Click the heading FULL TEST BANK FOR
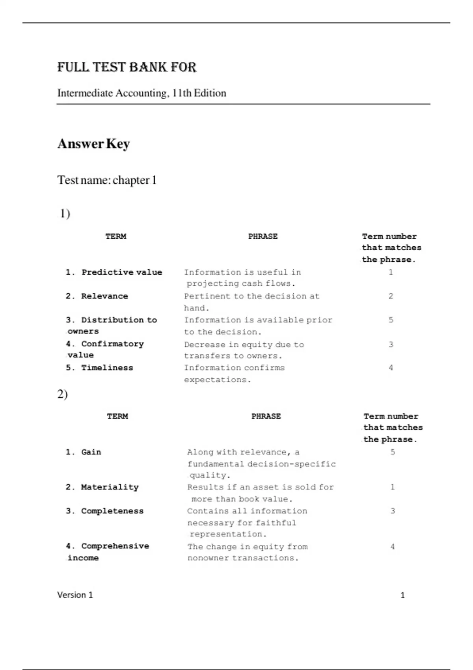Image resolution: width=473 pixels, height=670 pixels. click(127, 67)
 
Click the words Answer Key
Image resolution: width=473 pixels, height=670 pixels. click(93, 143)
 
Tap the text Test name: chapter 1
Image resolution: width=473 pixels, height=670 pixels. click(107, 180)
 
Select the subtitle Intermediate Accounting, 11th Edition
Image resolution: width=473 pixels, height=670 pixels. click(142, 93)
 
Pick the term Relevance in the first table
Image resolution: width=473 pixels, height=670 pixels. click(104, 296)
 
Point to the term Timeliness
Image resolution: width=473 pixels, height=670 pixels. click(107, 368)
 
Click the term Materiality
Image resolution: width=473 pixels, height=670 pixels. click(110, 487)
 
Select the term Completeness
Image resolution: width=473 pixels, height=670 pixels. click(112, 511)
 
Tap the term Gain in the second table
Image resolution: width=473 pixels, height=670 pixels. click(91, 452)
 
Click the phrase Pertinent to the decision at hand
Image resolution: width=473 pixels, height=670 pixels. click(251, 301)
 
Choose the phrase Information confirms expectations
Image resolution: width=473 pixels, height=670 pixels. click(234, 373)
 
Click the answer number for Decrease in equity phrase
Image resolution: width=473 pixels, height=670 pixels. click(391, 344)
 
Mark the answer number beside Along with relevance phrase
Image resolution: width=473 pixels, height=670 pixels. click(393, 452)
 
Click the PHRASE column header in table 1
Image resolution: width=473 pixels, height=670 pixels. click(263, 236)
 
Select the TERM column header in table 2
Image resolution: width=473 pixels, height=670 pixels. click(117, 416)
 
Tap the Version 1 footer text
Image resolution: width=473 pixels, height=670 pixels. click(75, 595)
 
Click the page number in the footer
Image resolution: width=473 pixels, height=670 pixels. click(402, 595)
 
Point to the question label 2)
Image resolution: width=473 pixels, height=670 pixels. click(62, 394)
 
